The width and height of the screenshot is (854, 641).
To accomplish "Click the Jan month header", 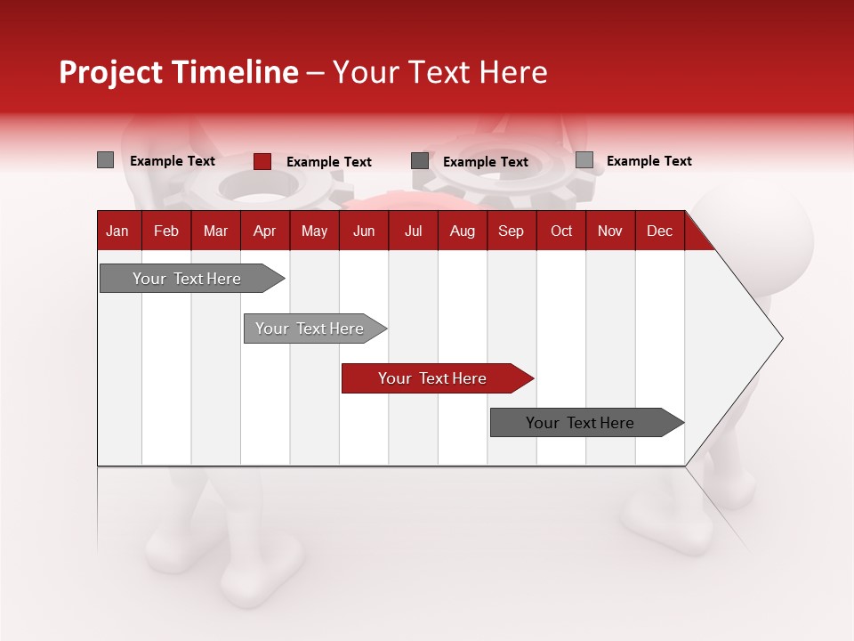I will (117, 231).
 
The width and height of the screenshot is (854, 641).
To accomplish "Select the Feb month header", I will (166, 231).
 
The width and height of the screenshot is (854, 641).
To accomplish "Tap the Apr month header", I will (264, 231).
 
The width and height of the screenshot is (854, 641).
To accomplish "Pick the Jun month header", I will (364, 231).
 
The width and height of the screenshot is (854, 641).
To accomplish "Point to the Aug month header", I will (462, 231).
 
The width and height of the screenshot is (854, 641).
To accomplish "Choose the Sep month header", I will (511, 231).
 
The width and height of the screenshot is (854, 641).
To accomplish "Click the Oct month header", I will (561, 231).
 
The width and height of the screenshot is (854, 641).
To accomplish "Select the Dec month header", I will (659, 231).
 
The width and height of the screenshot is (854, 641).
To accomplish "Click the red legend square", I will (262, 161).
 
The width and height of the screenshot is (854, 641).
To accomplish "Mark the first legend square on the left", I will (106, 160).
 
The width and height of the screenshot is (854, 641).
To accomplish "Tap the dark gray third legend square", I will (420, 161).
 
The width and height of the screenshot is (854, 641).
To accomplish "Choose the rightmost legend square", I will (584, 160).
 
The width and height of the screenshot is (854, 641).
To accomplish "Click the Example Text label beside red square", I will (328, 161).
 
